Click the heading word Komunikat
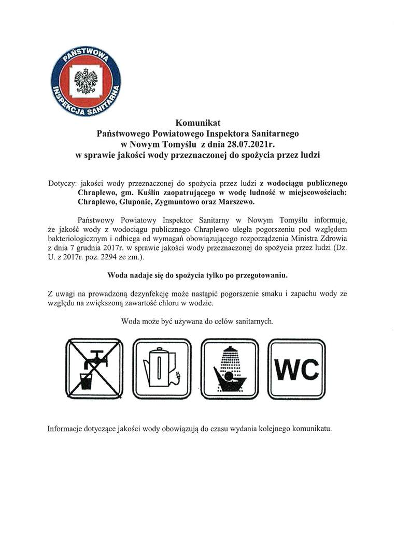click(x=198, y=123)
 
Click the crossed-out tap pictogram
click(x=94, y=368)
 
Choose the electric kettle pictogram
click(x=162, y=368)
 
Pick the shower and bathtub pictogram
click(x=229, y=368)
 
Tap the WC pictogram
click(x=296, y=369)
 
